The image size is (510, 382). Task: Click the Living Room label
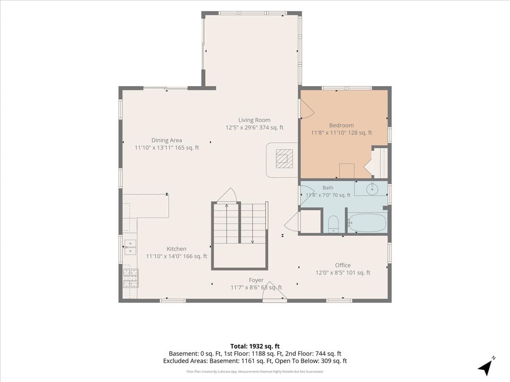[x=254, y=120]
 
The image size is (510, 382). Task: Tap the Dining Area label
[x=167, y=140]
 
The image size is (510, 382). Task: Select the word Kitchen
[x=176, y=249]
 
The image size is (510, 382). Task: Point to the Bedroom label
[x=341, y=125]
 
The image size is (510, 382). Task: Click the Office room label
[x=343, y=265]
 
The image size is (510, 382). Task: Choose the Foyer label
[x=256, y=280]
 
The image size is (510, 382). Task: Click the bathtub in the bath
[x=367, y=223]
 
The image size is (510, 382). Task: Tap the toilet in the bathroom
[x=334, y=224]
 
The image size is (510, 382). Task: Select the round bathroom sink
[x=372, y=189]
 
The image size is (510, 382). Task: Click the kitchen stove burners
[x=130, y=278]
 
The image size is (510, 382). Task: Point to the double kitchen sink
[x=130, y=247]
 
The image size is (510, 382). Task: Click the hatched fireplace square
[x=284, y=159]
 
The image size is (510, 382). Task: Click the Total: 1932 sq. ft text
[x=255, y=346]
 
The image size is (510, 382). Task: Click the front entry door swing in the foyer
[x=275, y=291]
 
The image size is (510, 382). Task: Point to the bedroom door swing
[x=307, y=109]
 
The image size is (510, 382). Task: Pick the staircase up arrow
[x=227, y=224]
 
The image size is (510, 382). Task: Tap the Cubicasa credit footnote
[x=255, y=371]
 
